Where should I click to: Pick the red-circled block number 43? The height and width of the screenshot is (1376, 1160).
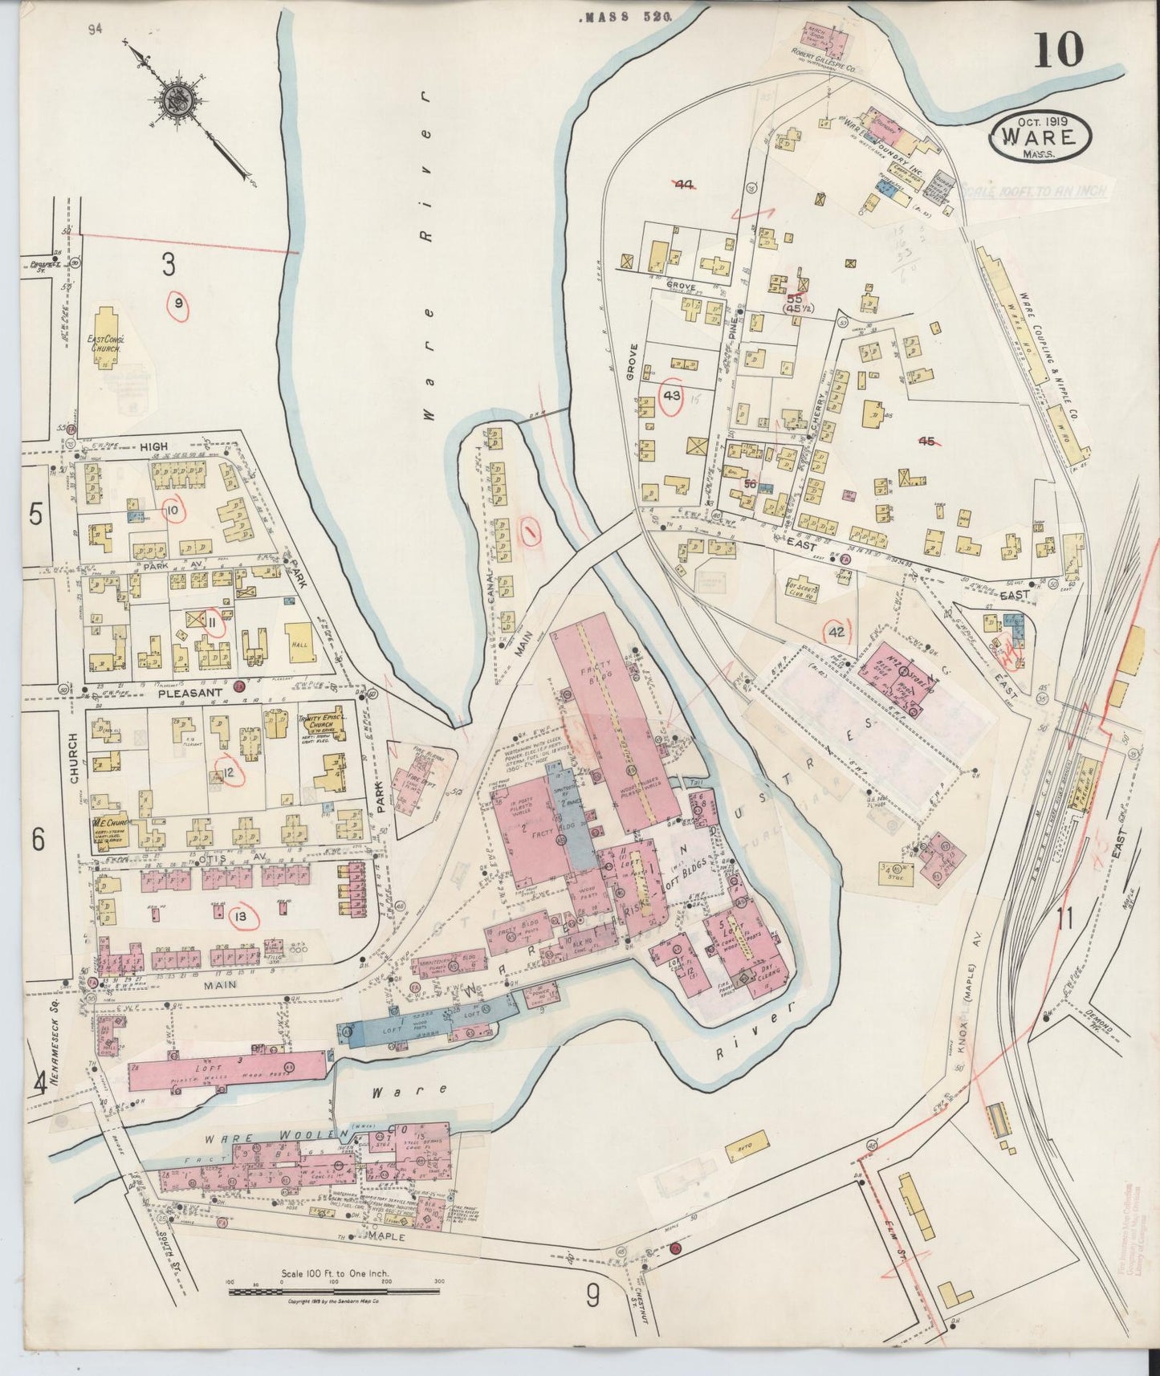(x=672, y=395)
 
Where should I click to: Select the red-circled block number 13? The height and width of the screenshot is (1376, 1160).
(x=240, y=916)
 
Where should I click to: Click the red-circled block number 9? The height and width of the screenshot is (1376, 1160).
(x=178, y=303)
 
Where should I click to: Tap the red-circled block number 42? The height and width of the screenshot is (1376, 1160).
(x=836, y=632)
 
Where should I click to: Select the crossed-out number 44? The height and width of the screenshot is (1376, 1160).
(x=683, y=185)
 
